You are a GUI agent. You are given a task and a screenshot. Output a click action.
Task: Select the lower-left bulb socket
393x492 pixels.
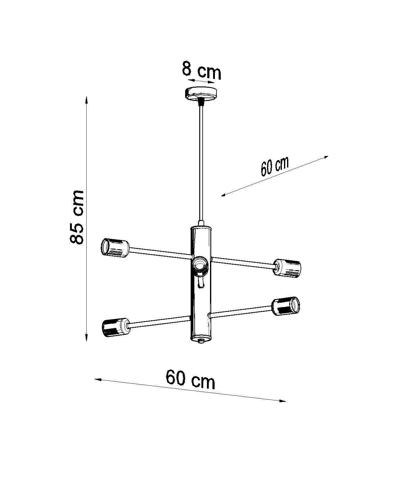point(116,328)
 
